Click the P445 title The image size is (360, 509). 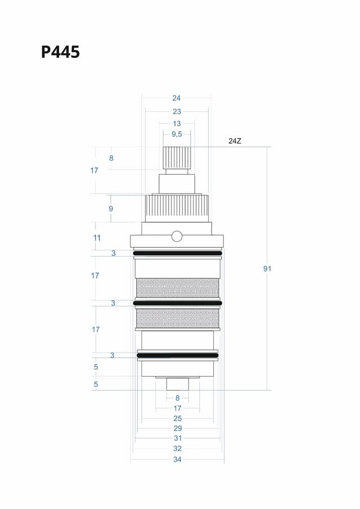[60, 52]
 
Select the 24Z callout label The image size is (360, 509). [235, 141]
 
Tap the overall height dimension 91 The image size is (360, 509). [267, 269]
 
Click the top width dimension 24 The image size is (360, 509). [176, 98]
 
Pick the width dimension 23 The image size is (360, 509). [177, 112]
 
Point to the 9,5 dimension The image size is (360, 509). [177, 134]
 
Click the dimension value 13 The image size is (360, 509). [177, 124]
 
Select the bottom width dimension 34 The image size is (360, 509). [177, 460]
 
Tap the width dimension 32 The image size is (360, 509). [177, 449]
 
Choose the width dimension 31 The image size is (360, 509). [178, 438]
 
